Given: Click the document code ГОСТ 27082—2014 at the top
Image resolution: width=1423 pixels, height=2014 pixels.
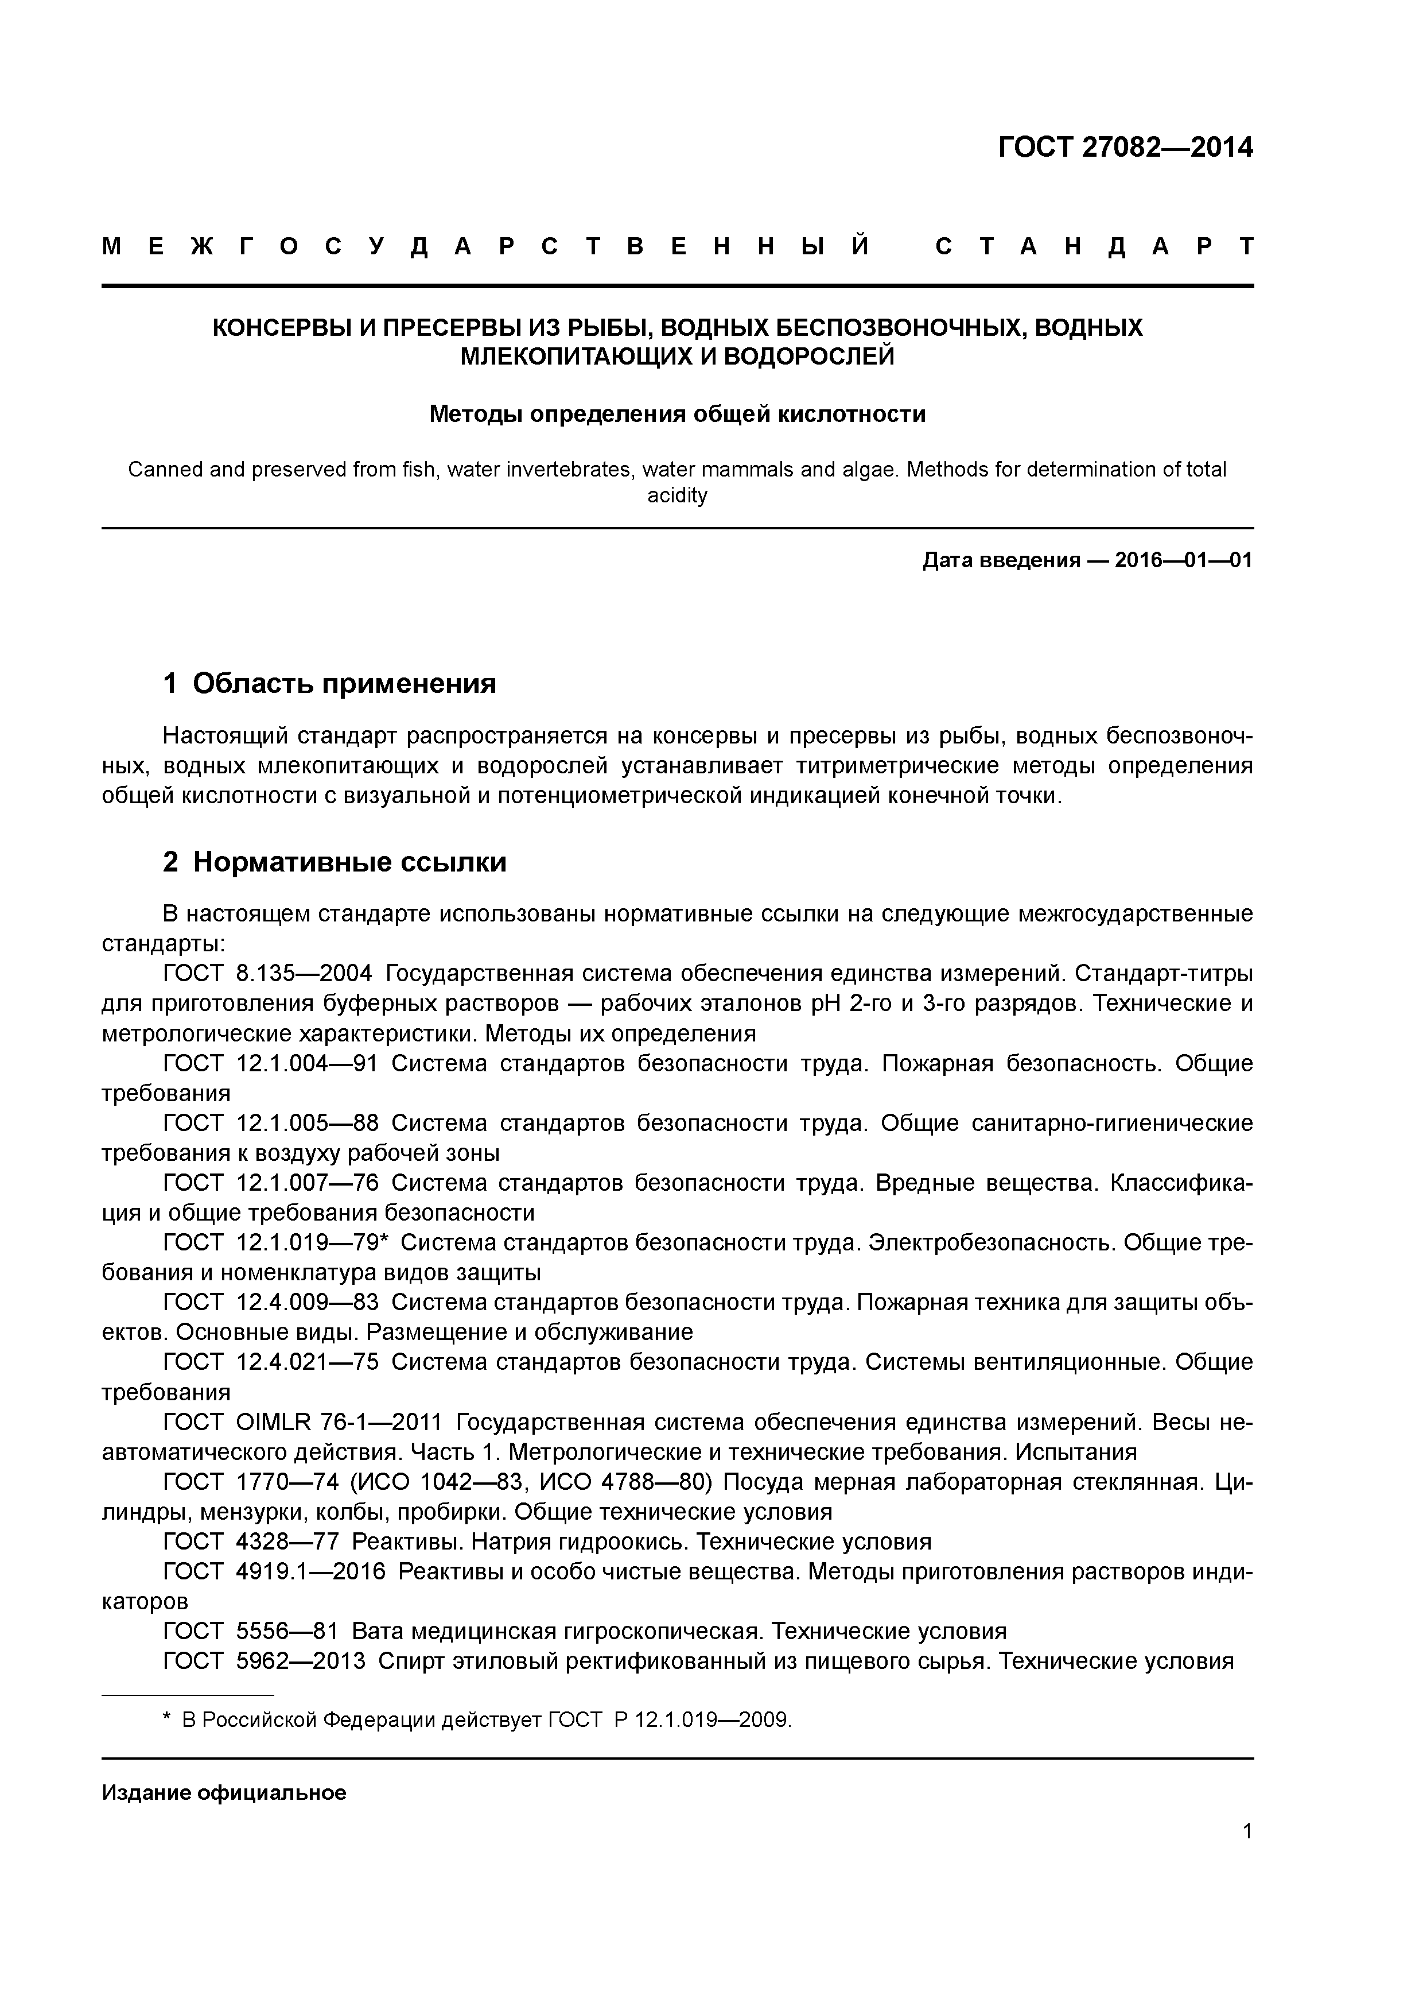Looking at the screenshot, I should [1125, 148].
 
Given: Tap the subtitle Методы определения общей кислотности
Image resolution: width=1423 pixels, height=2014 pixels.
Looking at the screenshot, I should [677, 413].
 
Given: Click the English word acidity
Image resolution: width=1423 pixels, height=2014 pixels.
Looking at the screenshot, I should [677, 495].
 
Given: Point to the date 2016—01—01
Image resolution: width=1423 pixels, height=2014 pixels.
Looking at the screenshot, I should [1184, 560].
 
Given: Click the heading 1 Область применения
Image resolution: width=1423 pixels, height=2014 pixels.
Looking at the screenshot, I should [330, 683].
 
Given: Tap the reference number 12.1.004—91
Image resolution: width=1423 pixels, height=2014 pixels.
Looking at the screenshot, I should [307, 1063].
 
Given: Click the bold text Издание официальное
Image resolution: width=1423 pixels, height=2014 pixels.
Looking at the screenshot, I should [224, 1792].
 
